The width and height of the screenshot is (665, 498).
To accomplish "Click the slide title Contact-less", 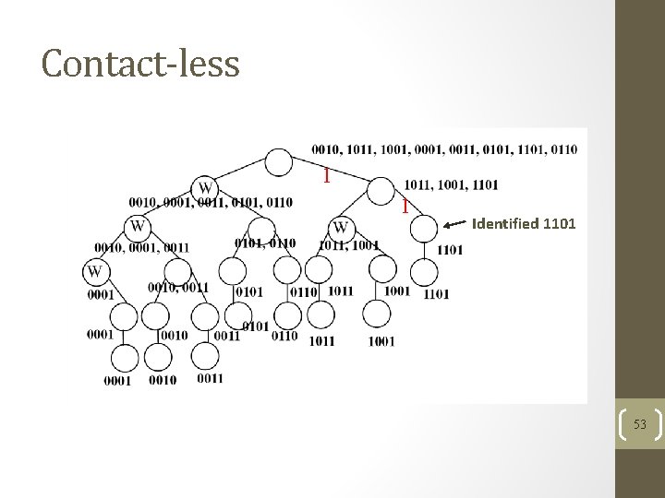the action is click(x=140, y=63).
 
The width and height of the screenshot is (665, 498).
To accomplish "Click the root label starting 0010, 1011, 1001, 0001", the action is click(x=444, y=149).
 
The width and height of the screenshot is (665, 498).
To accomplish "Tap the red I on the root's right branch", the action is click(x=325, y=173).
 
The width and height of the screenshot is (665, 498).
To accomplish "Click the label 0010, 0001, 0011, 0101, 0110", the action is click(x=212, y=203).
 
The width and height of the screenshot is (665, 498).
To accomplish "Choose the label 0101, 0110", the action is click(x=265, y=243).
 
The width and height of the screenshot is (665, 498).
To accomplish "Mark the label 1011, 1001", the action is click(x=348, y=245).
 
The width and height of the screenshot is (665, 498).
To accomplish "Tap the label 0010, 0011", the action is click(x=178, y=287).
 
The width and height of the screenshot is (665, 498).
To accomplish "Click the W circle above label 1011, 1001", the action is click(x=342, y=227).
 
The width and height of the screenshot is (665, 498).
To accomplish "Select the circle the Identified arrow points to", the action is click(x=424, y=226).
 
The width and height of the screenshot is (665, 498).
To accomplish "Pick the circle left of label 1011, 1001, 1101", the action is click(x=380, y=191).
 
